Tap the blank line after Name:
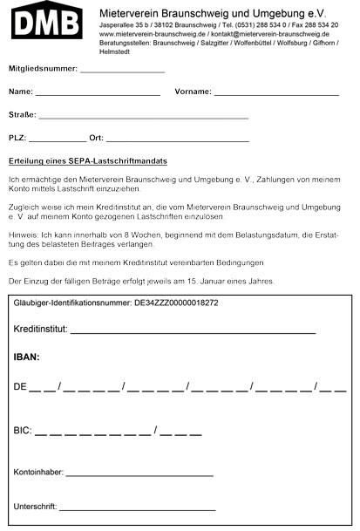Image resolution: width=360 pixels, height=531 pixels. [98, 93]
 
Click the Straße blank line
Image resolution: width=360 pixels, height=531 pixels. [144, 117]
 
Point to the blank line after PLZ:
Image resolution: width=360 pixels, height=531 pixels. [58, 140]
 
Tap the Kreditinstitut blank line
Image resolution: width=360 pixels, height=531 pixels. [192, 333]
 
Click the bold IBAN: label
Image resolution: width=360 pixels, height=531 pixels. [27, 357]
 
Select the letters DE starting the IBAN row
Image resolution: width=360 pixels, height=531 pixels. [21, 385]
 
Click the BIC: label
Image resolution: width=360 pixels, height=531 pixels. [23, 431]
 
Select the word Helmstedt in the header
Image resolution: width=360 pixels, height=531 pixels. [115, 50]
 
